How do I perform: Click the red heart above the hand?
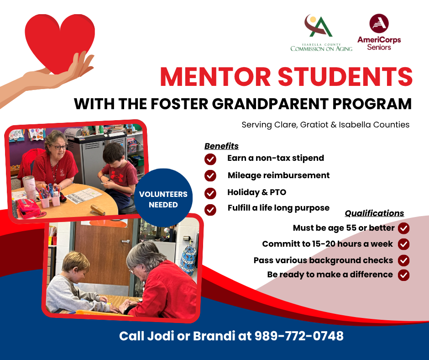[x=59, y=41]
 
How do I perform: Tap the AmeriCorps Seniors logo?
[x=379, y=32]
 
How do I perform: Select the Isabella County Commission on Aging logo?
[x=321, y=33]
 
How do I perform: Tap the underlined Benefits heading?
[x=221, y=146]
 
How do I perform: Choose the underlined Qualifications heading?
[x=374, y=213]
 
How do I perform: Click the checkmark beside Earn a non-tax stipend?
[x=210, y=159]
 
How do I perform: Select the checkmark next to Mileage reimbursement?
[x=210, y=176]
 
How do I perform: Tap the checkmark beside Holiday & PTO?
[x=210, y=193]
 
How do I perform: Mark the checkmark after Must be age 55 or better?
[x=403, y=228]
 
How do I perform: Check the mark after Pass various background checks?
[x=403, y=260]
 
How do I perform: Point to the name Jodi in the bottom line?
[x=158, y=336]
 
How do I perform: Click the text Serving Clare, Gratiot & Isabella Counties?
[x=325, y=125]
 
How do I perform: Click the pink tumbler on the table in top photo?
[x=29, y=187]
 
